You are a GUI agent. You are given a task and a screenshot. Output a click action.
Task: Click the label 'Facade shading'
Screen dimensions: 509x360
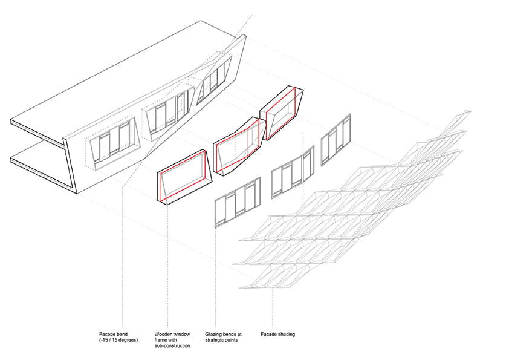click(x=278, y=334)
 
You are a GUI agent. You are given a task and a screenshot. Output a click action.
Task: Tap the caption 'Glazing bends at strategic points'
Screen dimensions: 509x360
click(x=223, y=337)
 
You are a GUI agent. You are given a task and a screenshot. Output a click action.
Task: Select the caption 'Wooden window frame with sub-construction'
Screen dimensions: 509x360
click(x=172, y=340)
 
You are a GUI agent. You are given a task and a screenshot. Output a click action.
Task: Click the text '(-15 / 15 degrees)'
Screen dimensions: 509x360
click(x=118, y=340)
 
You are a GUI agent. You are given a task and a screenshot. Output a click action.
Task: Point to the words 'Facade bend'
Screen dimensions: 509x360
click(x=113, y=334)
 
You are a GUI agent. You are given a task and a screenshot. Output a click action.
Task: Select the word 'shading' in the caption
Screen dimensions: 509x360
click(x=287, y=334)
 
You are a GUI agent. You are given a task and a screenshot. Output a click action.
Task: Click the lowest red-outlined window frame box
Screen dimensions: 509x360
click(x=185, y=177)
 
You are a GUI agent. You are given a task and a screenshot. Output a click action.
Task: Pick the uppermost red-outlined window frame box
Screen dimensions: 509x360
click(x=282, y=113)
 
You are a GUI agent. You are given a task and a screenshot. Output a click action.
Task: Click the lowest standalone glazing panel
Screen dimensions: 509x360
click(x=238, y=201)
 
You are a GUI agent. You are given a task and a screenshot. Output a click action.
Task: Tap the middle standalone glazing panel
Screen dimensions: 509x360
click(x=293, y=172)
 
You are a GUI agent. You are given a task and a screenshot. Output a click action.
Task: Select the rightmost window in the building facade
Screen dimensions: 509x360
click(x=214, y=80)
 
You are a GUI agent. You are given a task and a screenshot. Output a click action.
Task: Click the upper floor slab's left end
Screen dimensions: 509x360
click(x=11, y=122)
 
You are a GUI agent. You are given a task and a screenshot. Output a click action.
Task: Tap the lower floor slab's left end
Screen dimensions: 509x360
click(x=11, y=159)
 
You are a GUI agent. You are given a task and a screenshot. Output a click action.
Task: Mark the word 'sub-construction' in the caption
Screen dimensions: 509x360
click(x=172, y=345)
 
